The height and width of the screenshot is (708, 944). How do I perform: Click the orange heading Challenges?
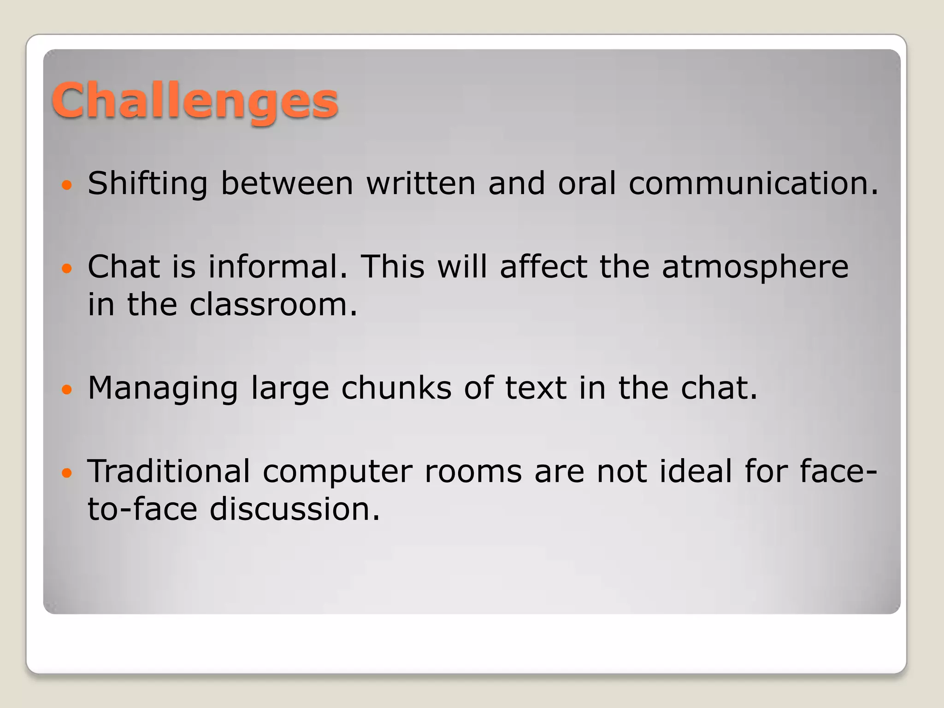coord(195,100)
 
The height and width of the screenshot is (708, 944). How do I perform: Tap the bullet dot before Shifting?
coord(67,185)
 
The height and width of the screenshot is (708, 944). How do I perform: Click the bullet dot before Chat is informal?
coord(67,269)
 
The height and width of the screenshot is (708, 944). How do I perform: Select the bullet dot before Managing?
coord(67,390)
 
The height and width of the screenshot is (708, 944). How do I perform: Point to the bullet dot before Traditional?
coord(67,473)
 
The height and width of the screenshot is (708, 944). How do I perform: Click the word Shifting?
coord(147,183)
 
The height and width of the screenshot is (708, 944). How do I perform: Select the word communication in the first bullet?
coord(753,183)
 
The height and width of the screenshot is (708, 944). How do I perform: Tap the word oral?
coord(587,183)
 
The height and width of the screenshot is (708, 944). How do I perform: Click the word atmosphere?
coord(755,267)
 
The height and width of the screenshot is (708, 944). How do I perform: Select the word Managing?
coord(163,388)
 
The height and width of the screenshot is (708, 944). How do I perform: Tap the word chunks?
coord(396,388)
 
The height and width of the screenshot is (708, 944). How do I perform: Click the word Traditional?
coord(169,472)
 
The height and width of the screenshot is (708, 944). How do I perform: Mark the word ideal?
coord(696,472)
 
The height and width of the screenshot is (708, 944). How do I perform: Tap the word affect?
coord(543,267)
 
